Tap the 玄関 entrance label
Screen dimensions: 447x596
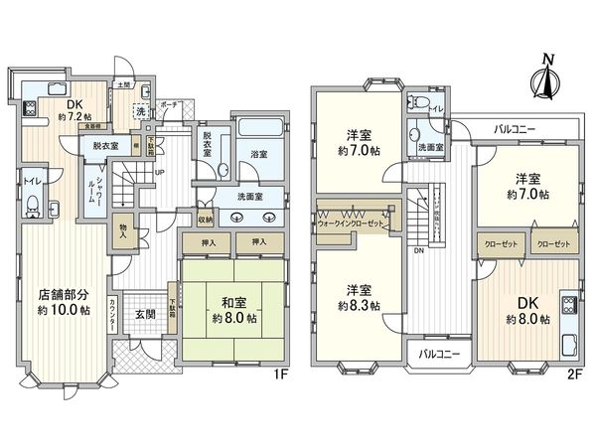[145, 315]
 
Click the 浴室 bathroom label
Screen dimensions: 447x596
[259, 155]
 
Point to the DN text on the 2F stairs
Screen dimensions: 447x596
[420, 251]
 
